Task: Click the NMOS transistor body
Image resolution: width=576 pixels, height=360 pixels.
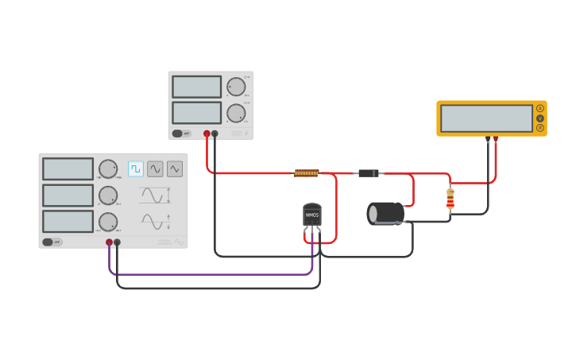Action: pyautogui.click(x=312, y=215)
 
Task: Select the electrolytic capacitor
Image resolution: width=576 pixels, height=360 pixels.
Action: pyautogui.click(x=386, y=213)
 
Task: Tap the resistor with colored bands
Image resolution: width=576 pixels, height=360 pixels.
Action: pyautogui.click(x=450, y=199)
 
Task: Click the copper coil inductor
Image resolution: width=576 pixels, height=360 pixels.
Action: pyautogui.click(x=307, y=172)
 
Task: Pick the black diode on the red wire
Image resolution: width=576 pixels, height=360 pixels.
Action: pyautogui.click(x=368, y=173)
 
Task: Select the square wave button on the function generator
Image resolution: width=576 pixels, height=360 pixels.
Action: pyautogui.click(x=136, y=168)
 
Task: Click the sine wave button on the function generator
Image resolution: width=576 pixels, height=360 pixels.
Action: pyautogui.click(x=155, y=168)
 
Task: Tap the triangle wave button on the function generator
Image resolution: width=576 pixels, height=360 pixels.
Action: pyautogui.click(x=175, y=168)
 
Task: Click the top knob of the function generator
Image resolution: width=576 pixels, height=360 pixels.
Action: pyautogui.click(x=108, y=168)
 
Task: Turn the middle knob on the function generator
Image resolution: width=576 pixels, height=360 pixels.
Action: pyautogui.click(x=108, y=195)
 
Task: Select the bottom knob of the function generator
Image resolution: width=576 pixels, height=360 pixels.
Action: pyautogui.click(x=108, y=221)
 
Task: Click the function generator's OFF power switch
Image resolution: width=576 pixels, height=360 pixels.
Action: pyautogui.click(x=52, y=242)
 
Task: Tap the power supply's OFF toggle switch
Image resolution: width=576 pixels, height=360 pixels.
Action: pyautogui.click(x=181, y=134)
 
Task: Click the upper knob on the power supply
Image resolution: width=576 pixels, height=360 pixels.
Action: pyautogui.click(x=236, y=87)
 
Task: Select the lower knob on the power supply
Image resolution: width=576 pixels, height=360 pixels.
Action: pyautogui.click(x=236, y=113)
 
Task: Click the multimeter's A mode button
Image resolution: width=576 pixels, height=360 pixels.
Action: pyautogui.click(x=540, y=108)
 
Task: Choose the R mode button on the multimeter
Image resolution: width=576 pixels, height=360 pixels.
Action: pyautogui.click(x=540, y=128)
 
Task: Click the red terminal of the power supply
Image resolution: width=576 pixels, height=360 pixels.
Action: pyautogui.click(x=207, y=134)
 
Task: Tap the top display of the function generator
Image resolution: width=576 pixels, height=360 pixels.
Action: pyautogui.click(x=68, y=168)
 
